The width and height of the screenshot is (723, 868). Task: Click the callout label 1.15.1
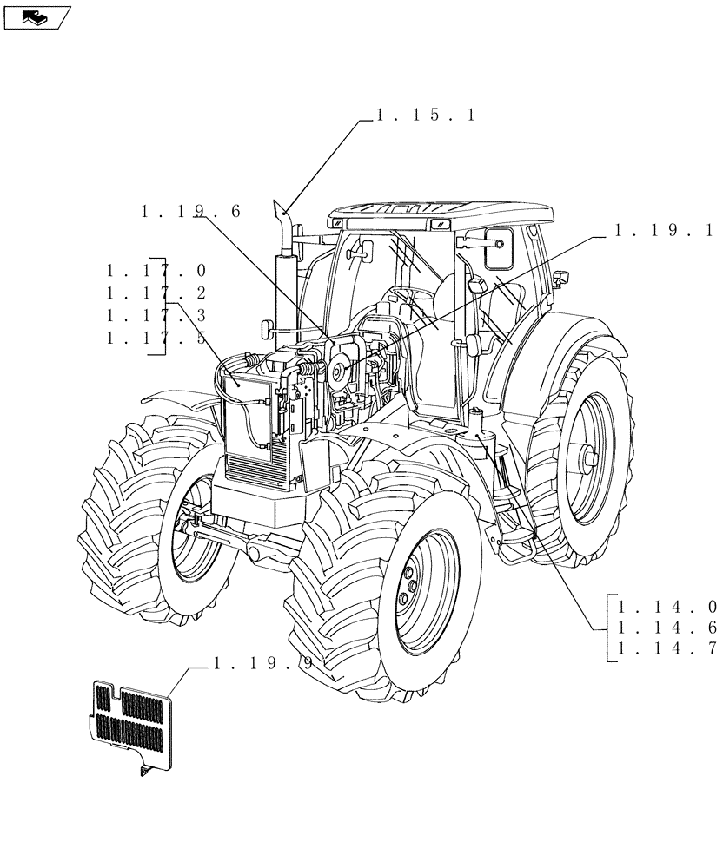point(425,115)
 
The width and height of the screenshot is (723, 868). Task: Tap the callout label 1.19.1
point(663,231)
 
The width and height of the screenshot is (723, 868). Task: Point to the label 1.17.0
point(156,271)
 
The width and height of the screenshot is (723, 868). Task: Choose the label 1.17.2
point(156,293)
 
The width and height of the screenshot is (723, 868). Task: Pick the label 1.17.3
point(156,316)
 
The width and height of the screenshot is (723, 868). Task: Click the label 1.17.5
point(156,339)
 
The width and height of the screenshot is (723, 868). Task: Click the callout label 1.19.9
point(264,664)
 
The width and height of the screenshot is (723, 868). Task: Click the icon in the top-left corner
point(36,16)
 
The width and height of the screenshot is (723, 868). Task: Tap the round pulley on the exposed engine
point(336,372)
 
